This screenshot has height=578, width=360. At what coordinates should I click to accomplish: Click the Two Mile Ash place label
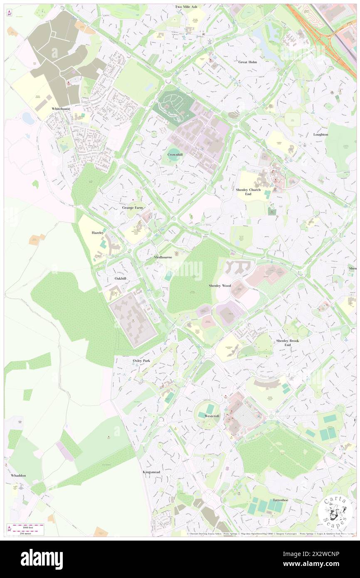(186, 7)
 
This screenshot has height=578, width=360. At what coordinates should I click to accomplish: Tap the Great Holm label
(248, 62)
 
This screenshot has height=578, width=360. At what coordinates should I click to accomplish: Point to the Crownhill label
(175, 154)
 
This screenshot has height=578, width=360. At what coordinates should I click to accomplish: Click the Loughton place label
(321, 134)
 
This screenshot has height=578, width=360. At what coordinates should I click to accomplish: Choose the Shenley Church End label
(248, 192)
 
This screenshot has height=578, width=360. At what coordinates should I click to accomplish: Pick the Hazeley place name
(98, 233)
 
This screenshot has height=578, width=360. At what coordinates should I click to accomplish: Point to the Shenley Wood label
(220, 286)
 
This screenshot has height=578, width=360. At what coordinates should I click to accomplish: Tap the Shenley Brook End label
(287, 343)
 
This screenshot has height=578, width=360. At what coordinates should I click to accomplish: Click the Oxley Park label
(141, 361)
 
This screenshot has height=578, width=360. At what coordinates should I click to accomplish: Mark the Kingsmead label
(151, 472)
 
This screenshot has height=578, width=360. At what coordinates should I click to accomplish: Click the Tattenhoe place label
(281, 500)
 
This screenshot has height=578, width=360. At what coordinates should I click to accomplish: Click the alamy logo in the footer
(42, 559)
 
